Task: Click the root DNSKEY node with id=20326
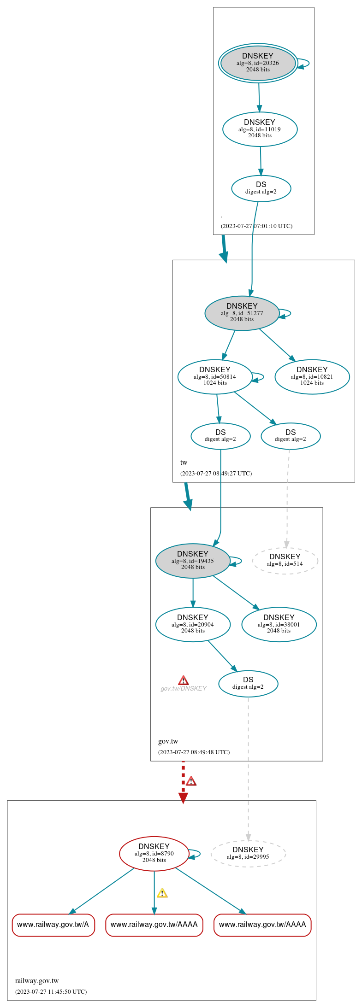point(258,63)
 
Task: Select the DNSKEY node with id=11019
point(260,129)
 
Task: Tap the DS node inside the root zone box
point(261,188)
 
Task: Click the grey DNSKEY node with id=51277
point(242,313)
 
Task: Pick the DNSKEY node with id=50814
point(215,377)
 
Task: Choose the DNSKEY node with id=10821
point(312,377)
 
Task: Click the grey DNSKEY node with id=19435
point(193,561)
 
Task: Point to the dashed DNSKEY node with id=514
point(285,561)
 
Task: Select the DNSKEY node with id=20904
point(193,624)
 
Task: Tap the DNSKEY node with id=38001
point(279,624)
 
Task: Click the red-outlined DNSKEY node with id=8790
point(154,854)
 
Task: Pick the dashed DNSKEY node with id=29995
point(248,854)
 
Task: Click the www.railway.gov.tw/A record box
point(53,925)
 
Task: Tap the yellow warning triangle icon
point(162,893)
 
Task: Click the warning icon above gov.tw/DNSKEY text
point(183,680)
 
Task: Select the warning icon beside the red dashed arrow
point(191,781)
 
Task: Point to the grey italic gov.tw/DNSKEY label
point(183,689)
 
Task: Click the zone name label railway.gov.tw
point(37,981)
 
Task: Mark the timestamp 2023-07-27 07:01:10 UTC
point(256,226)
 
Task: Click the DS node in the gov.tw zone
point(248,684)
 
